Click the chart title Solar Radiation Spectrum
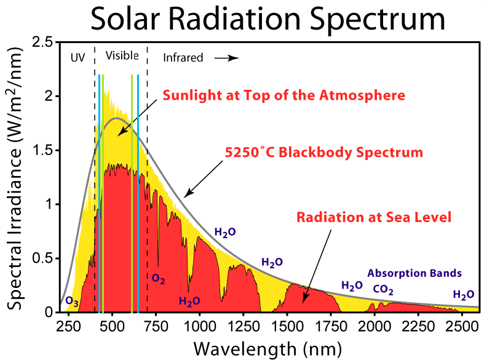(x=268, y=20)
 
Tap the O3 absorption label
(x=71, y=302)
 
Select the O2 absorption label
(x=158, y=279)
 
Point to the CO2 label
(x=383, y=290)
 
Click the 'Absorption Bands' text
(x=414, y=273)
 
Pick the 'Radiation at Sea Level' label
(x=374, y=217)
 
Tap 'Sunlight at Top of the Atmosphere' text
(x=283, y=95)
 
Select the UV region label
(x=77, y=57)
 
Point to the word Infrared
(x=183, y=58)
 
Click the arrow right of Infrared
(x=226, y=58)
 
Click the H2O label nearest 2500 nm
(x=463, y=294)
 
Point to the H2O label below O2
(x=189, y=301)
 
